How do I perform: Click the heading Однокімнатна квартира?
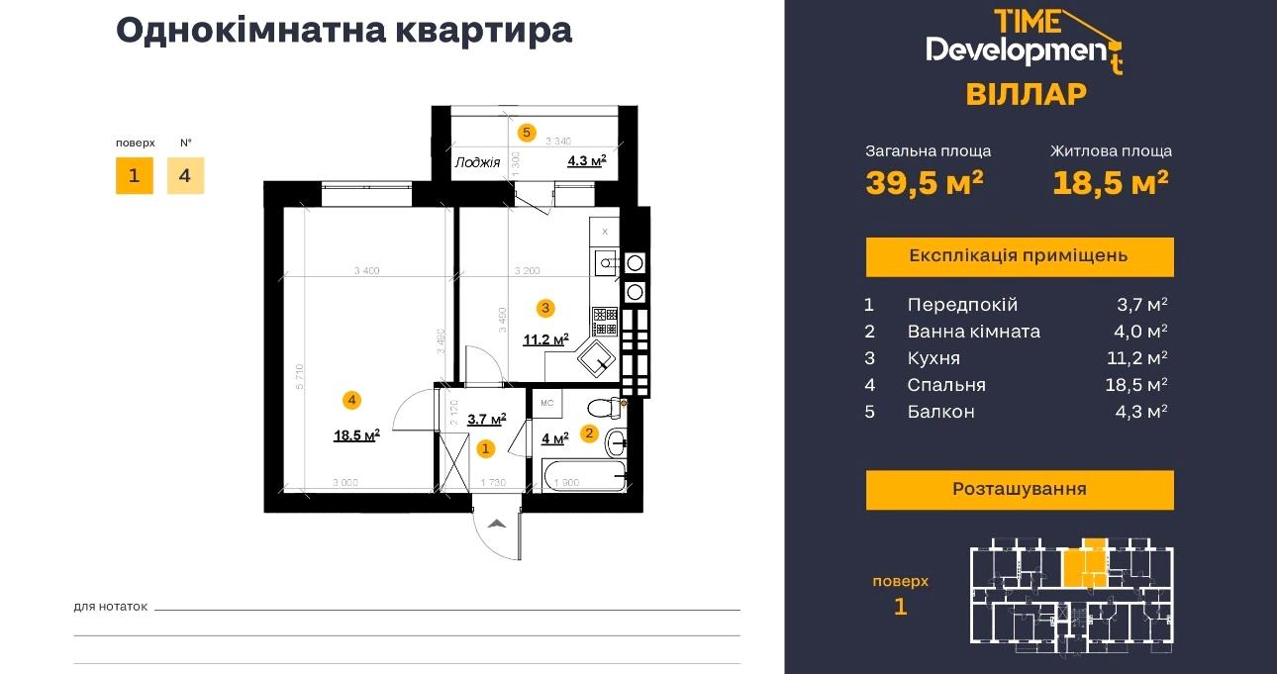pyautogui.click(x=344, y=30)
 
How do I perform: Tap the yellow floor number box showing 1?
pyautogui.click(x=134, y=176)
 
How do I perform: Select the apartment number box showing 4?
pyautogui.click(x=185, y=176)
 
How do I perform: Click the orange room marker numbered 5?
pyautogui.click(x=527, y=131)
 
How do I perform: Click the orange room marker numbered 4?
pyautogui.click(x=351, y=400)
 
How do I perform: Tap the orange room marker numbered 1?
pyautogui.click(x=485, y=448)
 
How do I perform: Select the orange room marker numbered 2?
pyautogui.click(x=588, y=433)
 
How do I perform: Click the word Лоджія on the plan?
pyautogui.click(x=477, y=162)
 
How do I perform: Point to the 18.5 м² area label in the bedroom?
pyautogui.click(x=356, y=434)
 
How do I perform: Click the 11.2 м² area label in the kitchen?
pyautogui.click(x=545, y=339)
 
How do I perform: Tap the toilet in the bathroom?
pyautogui.click(x=602, y=406)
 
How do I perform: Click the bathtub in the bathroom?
pyautogui.click(x=585, y=476)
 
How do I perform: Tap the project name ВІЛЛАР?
pyautogui.click(x=1026, y=94)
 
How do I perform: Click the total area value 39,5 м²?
pyautogui.click(x=925, y=183)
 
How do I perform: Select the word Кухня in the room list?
pyautogui.click(x=933, y=358)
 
